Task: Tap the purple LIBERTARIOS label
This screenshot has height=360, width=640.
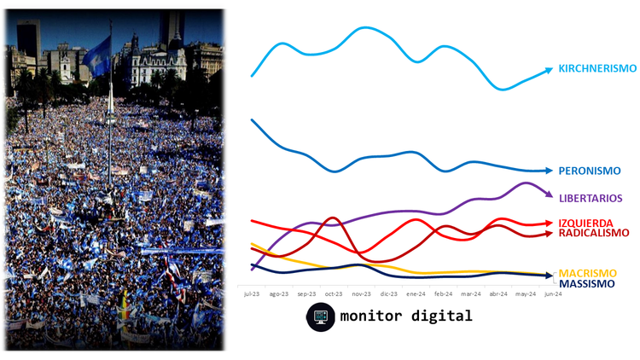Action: click(591, 198)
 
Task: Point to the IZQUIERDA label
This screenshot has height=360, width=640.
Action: click(587, 223)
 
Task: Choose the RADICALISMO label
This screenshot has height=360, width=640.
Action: click(593, 232)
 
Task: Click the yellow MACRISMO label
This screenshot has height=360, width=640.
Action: click(586, 273)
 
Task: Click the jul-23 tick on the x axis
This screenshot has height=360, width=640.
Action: click(251, 293)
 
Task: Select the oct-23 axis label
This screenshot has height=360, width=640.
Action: click(333, 293)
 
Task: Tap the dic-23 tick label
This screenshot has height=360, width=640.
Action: click(388, 293)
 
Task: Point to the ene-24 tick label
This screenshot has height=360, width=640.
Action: click(416, 293)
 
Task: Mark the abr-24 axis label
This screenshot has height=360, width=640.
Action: click(498, 293)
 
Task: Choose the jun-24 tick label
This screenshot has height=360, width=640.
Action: click(552, 293)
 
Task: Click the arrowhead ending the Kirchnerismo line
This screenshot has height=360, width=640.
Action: click(548, 73)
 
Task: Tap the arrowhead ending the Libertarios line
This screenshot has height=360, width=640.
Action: click(548, 194)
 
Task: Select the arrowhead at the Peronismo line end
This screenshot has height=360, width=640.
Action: click(548, 171)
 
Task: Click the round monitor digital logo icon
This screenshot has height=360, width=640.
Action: click(321, 316)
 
